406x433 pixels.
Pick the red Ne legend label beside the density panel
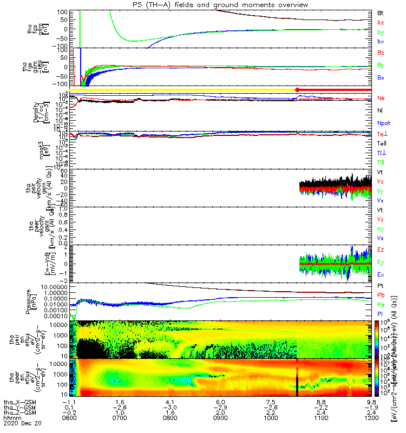point(381,98)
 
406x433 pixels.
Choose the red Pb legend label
point(381,296)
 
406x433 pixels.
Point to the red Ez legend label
point(381,250)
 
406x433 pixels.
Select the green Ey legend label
point(381,262)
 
